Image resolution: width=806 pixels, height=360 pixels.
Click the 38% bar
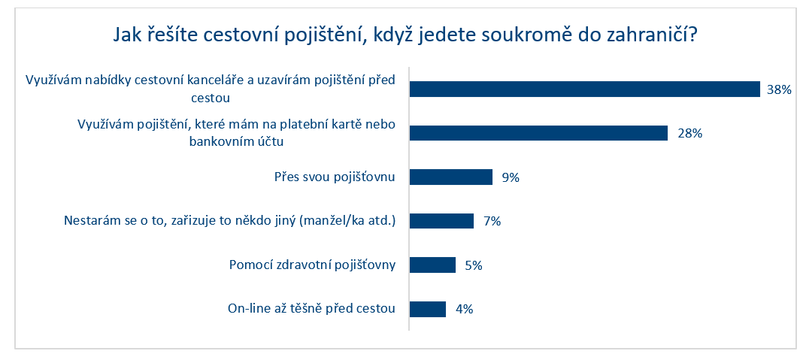[584, 89]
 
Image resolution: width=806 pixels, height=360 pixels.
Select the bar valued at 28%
[538, 133]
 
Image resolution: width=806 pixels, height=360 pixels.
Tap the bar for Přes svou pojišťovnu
[451, 177]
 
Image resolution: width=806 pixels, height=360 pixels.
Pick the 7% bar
[441, 221]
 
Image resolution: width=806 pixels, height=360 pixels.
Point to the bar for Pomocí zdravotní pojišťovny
[432, 265]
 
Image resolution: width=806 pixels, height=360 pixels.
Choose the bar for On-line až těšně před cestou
[428, 309]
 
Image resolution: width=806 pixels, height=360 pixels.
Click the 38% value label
[778, 89]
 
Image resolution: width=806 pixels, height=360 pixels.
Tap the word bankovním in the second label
[215, 142]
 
